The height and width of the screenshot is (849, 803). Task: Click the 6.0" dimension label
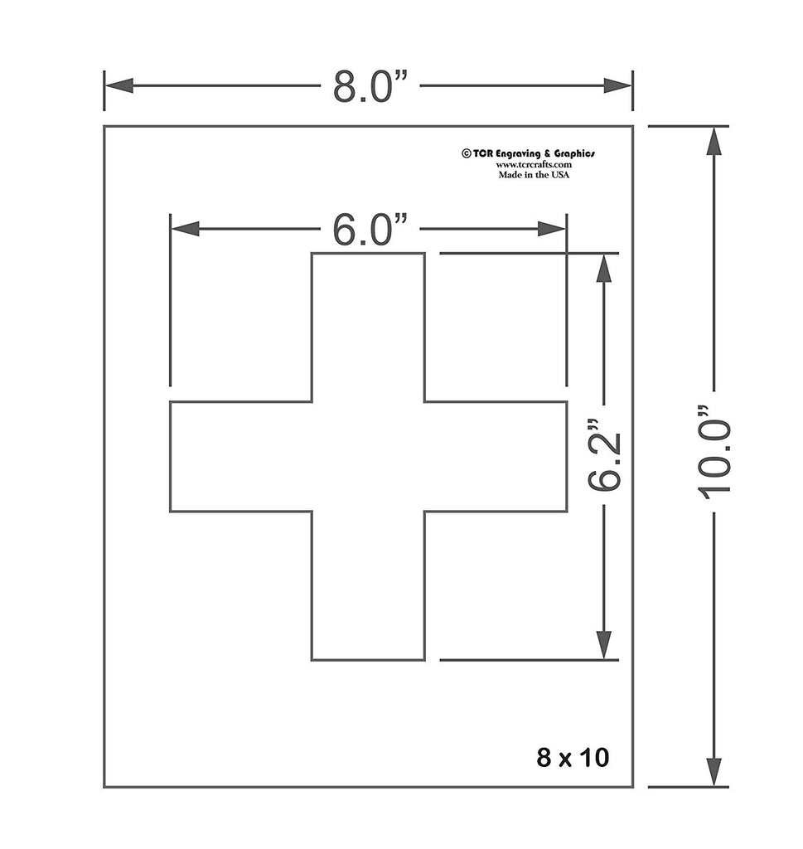tap(370, 230)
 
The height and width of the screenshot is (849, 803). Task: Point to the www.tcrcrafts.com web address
tap(534, 164)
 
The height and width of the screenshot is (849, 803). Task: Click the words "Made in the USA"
tap(534, 175)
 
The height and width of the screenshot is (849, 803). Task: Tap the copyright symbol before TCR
tap(466, 153)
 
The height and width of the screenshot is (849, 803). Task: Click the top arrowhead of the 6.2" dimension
tap(604, 268)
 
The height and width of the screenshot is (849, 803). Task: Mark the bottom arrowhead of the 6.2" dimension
tap(604, 644)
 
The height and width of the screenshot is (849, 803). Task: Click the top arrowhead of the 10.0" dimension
tap(714, 142)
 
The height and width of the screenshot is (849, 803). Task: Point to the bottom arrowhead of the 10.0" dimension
tap(714, 771)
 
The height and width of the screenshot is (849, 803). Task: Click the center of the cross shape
tap(368, 456)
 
